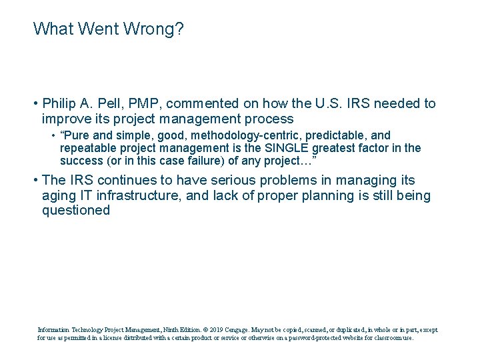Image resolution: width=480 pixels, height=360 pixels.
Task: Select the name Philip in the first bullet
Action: (60, 103)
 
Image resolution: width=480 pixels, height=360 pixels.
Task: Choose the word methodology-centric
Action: (221, 135)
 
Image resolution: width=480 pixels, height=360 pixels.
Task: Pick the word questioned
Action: (75, 211)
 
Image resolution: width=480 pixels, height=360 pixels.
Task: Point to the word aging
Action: (58, 195)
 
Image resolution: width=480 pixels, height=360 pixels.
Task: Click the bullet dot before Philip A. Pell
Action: (35, 104)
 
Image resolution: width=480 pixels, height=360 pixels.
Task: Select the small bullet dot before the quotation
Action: (53, 136)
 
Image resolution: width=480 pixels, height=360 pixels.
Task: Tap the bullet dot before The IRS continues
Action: (35, 181)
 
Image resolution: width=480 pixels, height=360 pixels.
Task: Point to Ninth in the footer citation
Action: (165, 329)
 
